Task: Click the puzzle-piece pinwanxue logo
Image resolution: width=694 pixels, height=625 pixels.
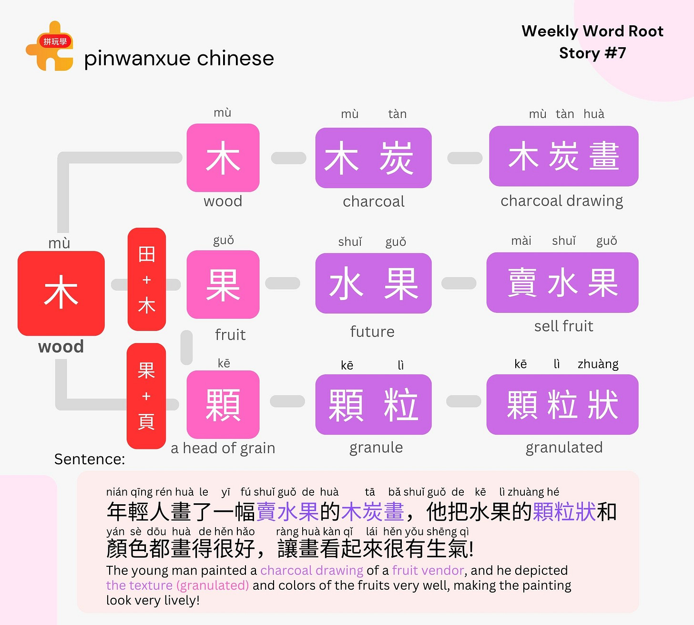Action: point(50,46)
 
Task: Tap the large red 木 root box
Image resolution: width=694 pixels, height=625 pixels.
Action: point(61,293)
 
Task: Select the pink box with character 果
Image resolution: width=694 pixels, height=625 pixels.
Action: point(223,284)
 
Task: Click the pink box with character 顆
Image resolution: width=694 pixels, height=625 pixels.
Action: point(223,405)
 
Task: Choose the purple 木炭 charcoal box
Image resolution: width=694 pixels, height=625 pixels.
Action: point(373,158)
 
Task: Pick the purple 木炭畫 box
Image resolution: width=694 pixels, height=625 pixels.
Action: point(563,156)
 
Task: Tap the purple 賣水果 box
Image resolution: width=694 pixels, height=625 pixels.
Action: point(562,282)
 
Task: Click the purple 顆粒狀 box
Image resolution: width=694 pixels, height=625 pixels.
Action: point(562,405)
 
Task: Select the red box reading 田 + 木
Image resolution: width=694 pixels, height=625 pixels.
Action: point(147,279)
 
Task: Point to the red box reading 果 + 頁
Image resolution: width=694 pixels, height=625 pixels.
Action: point(146,396)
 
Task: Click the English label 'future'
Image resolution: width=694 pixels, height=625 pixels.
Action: point(372,332)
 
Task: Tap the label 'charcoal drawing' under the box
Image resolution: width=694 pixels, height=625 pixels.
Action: point(561,201)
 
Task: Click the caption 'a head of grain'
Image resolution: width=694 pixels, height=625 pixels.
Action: point(223,448)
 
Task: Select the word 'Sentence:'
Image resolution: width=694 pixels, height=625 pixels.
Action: point(90,459)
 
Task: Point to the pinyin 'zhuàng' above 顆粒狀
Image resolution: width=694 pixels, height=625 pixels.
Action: point(598,364)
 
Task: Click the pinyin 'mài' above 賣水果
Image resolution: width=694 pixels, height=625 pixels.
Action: point(521,241)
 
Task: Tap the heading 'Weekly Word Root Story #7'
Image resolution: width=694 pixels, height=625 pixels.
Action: point(592,42)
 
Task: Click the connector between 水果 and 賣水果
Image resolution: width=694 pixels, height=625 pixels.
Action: point(459,283)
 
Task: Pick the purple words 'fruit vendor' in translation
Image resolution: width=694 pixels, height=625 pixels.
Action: point(428,570)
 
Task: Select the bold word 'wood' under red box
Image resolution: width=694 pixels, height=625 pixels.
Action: point(61,346)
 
